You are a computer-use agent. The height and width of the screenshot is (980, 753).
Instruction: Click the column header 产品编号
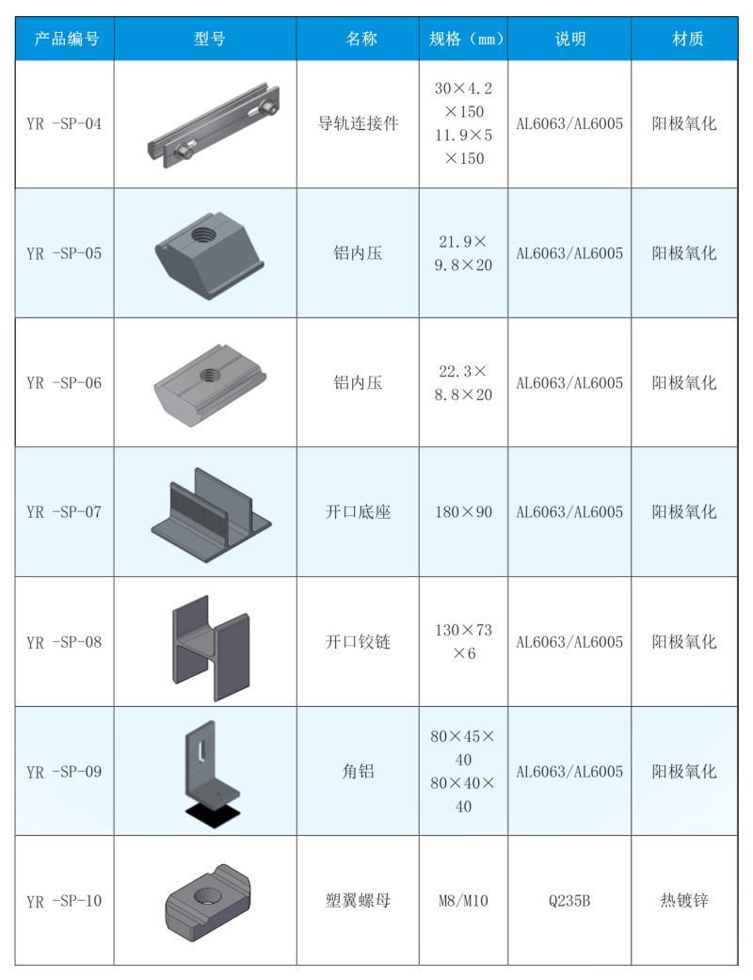coord(66,39)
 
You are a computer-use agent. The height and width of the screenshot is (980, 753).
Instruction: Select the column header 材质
coord(687,39)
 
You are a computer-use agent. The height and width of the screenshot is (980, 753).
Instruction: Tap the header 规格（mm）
coord(466,39)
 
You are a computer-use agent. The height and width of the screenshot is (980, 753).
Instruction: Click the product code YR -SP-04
coord(64,123)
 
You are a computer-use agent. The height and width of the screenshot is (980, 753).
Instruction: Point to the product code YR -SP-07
coord(64,512)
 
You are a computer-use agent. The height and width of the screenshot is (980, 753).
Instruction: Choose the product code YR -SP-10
coord(64,901)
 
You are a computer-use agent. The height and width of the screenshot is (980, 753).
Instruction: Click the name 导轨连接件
coord(358,123)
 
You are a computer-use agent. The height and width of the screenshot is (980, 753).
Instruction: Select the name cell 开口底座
coord(358,512)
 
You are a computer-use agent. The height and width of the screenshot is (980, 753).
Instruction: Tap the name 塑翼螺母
coord(358,901)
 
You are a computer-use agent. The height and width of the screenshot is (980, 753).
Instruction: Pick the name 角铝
coord(358,771)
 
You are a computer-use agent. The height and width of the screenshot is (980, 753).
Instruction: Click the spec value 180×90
coord(464,512)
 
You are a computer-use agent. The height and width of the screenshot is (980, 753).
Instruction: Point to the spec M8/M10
coord(464,901)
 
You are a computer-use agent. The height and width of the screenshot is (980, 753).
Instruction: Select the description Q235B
coord(569,901)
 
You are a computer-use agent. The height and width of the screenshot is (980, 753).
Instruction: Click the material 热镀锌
coord(684,901)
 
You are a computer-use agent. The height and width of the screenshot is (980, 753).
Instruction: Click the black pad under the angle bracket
coord(213,813)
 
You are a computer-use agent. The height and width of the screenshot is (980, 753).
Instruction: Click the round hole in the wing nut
coord(205,895)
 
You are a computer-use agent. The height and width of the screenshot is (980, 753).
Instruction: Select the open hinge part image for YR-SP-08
coord(211,648)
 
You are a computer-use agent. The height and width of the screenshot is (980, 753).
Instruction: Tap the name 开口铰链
coord(358,642)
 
